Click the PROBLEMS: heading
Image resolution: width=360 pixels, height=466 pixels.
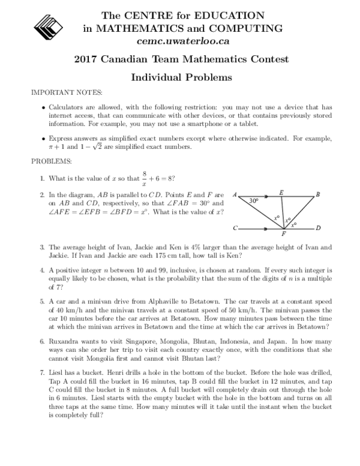(x=53, y=162)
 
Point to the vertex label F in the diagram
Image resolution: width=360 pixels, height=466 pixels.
(x=284, y=234)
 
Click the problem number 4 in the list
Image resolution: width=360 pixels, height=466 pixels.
(x=42, y=270)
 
